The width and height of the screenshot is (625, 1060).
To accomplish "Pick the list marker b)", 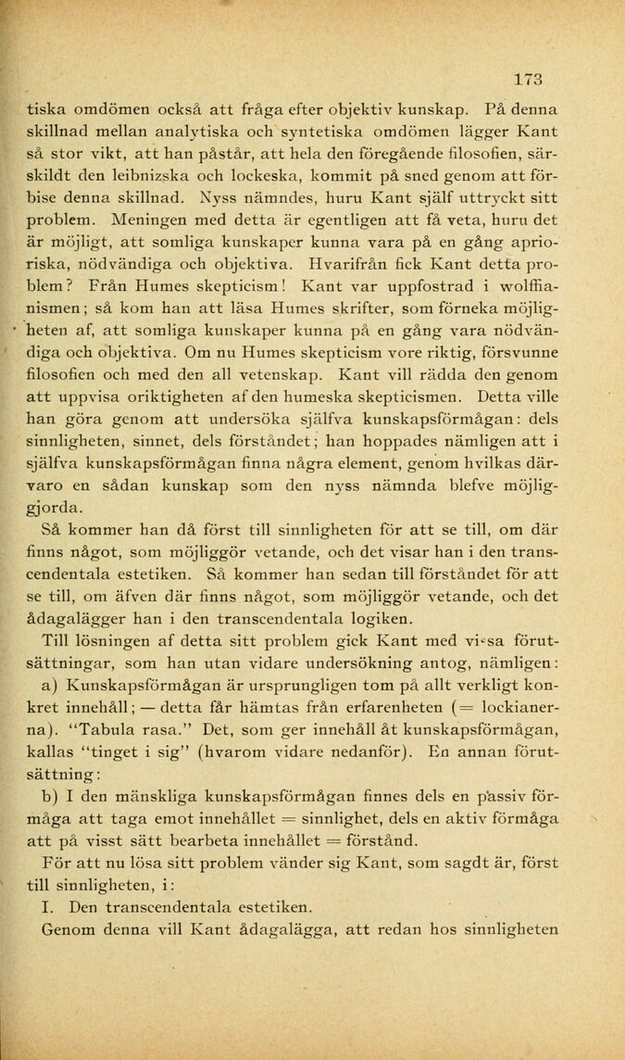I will (51, 798).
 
